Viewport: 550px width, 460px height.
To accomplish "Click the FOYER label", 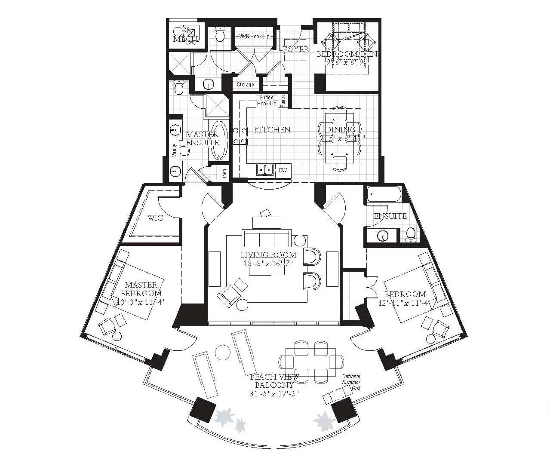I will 296,49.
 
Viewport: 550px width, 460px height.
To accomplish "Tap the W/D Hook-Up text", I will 255,37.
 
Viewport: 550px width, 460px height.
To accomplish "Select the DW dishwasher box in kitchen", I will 283,170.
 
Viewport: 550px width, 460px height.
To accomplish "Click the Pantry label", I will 283,101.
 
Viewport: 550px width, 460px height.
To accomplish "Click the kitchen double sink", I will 265,170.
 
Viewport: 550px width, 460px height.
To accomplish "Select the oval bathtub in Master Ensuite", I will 220,141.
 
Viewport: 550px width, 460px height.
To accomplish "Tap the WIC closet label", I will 155,218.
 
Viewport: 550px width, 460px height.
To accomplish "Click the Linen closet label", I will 224,174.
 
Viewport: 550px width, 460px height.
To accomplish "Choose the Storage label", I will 245,85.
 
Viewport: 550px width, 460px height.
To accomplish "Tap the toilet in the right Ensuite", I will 411,233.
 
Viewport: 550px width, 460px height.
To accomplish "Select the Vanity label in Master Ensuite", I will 174,151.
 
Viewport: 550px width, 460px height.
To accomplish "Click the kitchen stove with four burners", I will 240,135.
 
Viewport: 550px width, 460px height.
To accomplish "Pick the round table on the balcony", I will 224,352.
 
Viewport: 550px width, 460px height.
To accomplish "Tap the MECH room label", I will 186,39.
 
